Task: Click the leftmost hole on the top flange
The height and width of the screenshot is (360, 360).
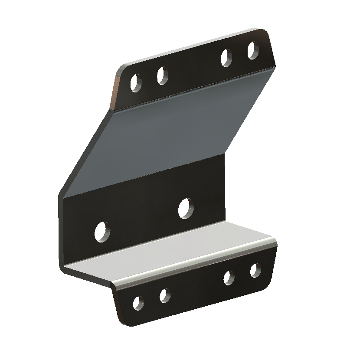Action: (135, 82)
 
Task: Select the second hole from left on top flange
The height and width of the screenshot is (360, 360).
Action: (162, 75)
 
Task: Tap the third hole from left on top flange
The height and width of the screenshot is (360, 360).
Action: (226, 58)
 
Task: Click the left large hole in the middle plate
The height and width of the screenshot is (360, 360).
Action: (102, 231)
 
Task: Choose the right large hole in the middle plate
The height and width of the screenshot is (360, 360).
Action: (186, 208)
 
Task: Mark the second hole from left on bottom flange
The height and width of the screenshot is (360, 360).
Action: (165, 296)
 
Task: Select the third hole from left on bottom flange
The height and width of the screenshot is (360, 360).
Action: (229, 278)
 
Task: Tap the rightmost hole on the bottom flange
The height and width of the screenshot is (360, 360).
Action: (255, 270)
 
